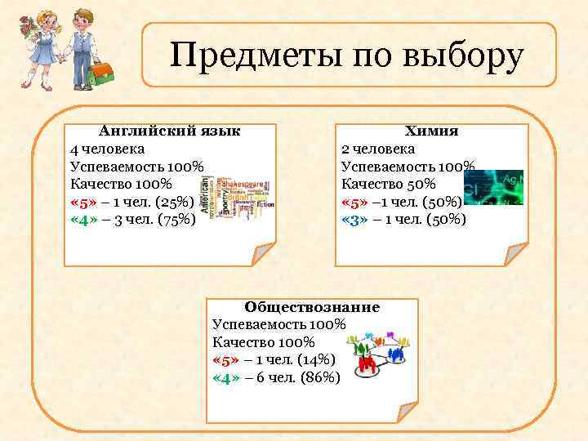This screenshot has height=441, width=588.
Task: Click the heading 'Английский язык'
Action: pyautogui.click(x=169, y=131)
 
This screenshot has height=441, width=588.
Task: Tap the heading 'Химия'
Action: pyautogui.click(x=431, y=131)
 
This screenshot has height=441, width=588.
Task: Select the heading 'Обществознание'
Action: pyautogui.click(x=312, y=307)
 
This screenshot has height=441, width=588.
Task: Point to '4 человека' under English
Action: pyautogui.click(x=108, y=149)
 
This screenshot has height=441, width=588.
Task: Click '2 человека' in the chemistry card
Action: pyautogui.click(x=377, y=149)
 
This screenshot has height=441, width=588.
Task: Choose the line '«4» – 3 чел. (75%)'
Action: pyautogui.click(x=133, y=219)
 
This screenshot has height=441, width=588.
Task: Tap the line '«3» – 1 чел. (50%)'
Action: pyautogui.click(x=403, y=219)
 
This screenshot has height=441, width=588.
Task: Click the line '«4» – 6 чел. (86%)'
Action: pyautogui.click(x=275, y=377)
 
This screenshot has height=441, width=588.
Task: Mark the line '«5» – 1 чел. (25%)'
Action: pyautogui.click(x=132, y=202)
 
